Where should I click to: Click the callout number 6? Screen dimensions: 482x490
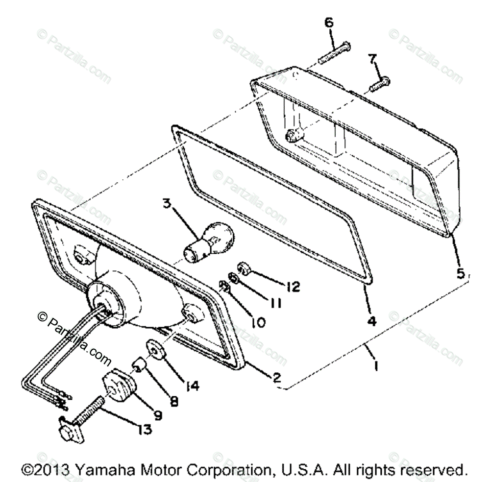coord(328,23)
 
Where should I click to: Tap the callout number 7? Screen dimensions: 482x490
coord(373,59)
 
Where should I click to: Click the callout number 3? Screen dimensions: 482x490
coord(167,203)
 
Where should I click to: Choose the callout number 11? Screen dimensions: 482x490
coord(275,303)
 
